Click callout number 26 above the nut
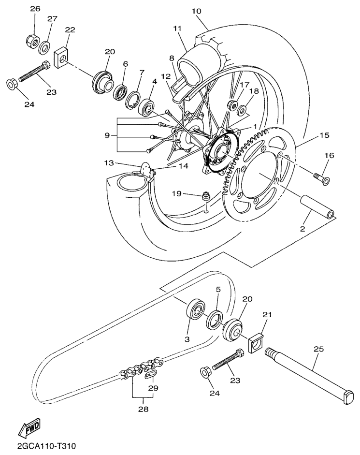[x=36, y=9]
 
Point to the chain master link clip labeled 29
[x=150, y=376]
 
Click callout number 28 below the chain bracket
[x=143, y=409]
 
